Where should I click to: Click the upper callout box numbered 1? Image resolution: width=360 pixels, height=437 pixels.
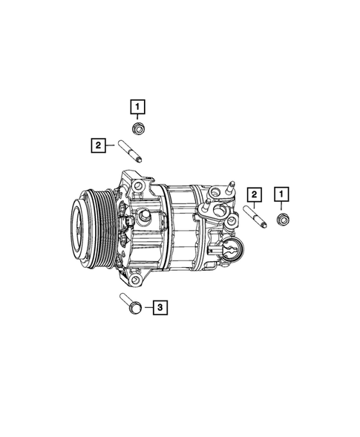tap(138, 107)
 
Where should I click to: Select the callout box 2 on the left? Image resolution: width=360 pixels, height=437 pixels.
tap(98, 145)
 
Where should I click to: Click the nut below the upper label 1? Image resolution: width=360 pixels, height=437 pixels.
tap(139, 131)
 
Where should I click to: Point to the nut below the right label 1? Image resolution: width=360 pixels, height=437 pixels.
tap(282, 219)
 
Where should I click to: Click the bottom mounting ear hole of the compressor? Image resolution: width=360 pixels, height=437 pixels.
tap(136, 279)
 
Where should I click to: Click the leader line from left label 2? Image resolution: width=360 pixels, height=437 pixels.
tap(111, 146)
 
